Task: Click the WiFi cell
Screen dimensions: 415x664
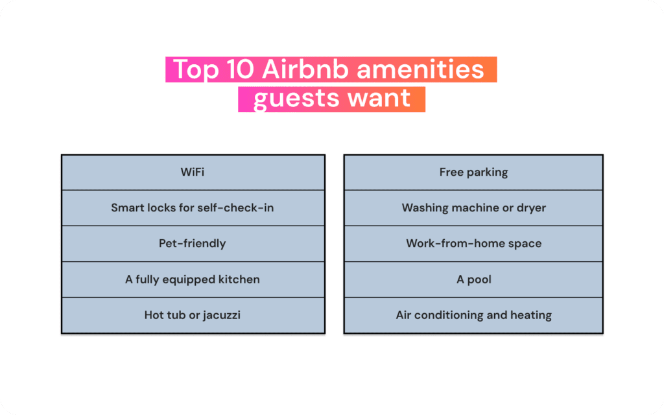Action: click(x=193, y=172)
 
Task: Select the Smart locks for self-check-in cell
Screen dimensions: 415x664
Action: click(x=193, y=208)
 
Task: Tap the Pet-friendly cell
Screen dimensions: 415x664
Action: click(x=193, y=244)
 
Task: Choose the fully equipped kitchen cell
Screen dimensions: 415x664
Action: click(x=193, y=279)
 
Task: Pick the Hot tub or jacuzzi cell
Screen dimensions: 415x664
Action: click(x=193, y=315)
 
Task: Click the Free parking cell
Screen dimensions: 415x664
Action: click(x=473, y=172)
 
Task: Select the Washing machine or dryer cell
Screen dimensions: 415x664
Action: click(x=473, y=208)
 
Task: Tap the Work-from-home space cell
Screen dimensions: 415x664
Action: click(x=473, y=244)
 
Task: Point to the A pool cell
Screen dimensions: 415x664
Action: click(x=473, y=279)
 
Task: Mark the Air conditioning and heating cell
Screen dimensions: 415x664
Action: click(x=473, y=315)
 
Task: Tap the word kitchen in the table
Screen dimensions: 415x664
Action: click(x=238, y=279)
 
